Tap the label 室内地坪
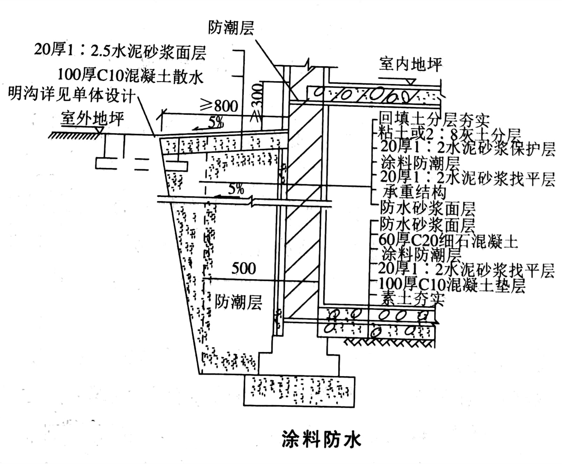(x=410, y=64)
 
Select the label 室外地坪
(x=92, y=119)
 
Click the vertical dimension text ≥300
(x=257, y=103)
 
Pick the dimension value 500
(x=243, y=268)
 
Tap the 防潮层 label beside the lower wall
(x=238, y=302)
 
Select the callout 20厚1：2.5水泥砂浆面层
(x=120, y=51)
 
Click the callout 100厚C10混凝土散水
(x=130, y=76)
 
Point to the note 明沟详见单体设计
(x=72, y=94)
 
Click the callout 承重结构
(x=414, y=192)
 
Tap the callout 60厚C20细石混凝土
(x=448, y=241)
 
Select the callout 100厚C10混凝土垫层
(x=452, y=285)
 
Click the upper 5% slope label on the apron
(x=216, y=122)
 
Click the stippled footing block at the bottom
(x=299, y=391)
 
